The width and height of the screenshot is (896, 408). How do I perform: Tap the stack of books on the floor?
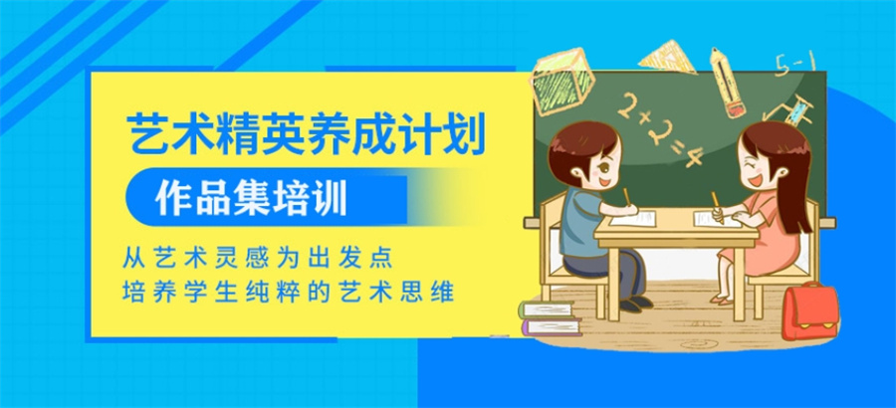(550, 320)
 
